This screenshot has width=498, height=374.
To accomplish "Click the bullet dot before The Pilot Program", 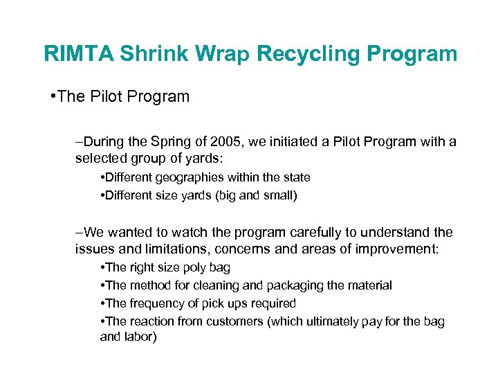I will click(53, 96).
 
